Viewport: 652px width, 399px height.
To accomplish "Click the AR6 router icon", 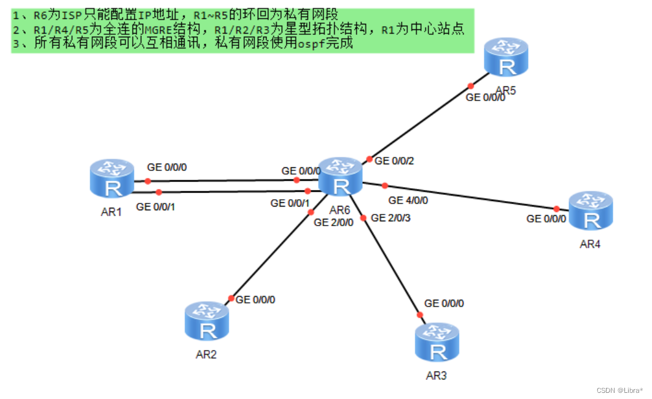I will [x=340, y=177].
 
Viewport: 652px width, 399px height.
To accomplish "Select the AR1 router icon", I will [x=112, y=178].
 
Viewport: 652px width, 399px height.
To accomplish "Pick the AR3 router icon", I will [x=437, y=342].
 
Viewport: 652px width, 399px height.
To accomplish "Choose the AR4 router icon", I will [x=591, y=210].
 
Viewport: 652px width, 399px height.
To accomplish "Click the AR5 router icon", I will [x=506, y=57].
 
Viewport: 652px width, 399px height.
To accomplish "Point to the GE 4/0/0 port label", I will [x=408, y=200].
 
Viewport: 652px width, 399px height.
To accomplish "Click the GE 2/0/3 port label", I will [x=391, y=218].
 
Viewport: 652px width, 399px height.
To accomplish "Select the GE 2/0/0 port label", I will [x=333, y=222].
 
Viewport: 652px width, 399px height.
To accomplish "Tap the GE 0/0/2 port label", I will [x=394, y=161].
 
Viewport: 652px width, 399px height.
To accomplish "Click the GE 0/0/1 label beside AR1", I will [x=155, y=207].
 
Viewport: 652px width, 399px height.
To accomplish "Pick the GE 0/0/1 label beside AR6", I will [x=290, y=203].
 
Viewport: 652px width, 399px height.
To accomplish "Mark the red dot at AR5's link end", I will [x=471, y=86].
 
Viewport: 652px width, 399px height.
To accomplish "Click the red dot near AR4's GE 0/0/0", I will [x=557, y=208].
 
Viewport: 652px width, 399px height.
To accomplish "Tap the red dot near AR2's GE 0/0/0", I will [x=231, y=298].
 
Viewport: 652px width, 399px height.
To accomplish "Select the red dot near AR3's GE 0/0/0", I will [x=420, y=315].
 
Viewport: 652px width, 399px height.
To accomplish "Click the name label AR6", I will [x=340, y=210].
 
